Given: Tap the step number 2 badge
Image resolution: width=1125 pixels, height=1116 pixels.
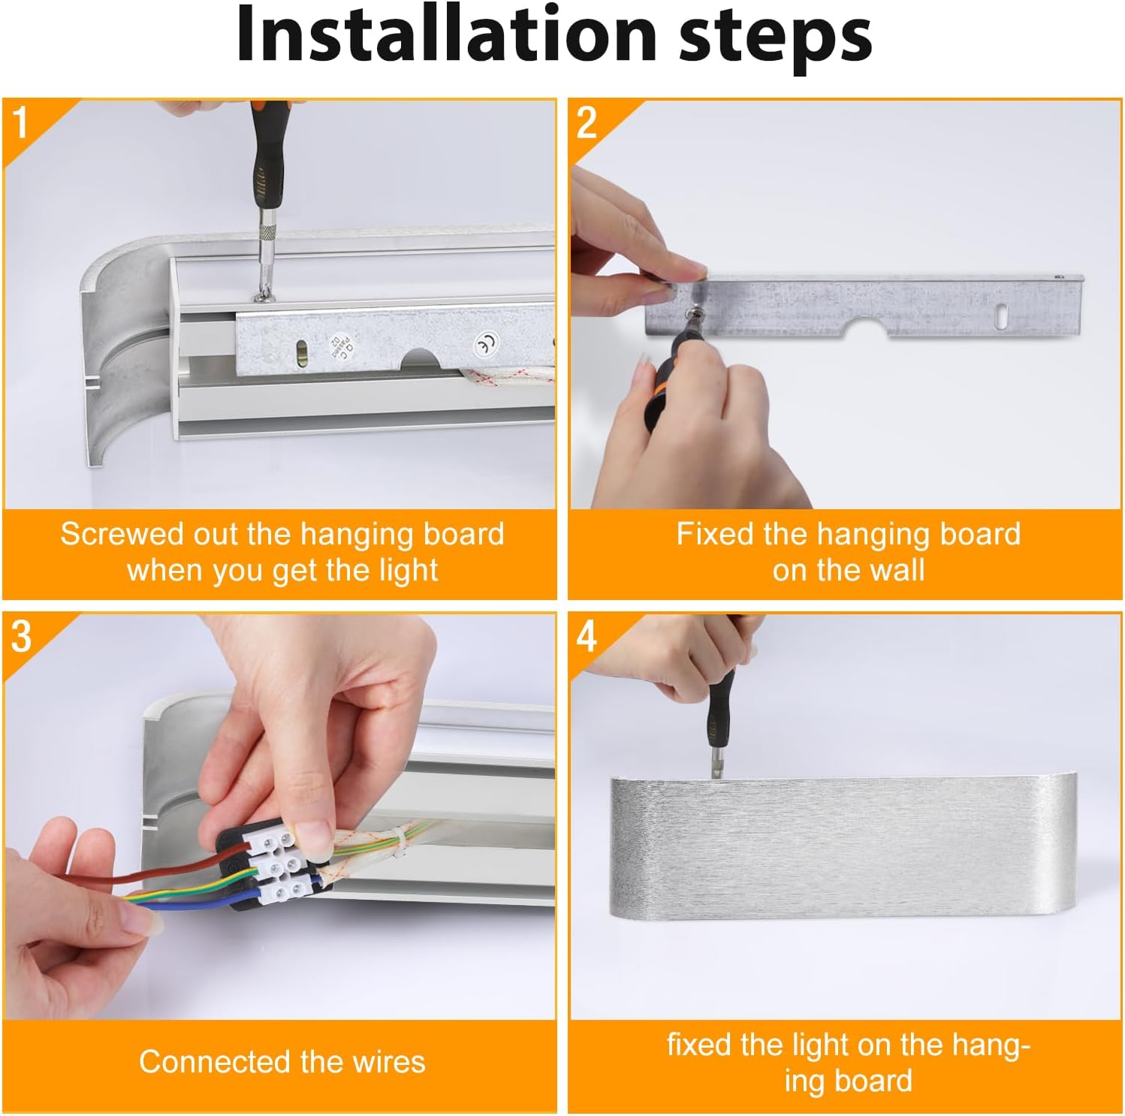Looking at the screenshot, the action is click(x=587, y=122).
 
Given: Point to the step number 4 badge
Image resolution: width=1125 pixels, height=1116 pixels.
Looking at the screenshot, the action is click(x=587, y=636).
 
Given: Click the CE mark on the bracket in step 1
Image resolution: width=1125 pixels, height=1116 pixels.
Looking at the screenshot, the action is click(x=486, y=345).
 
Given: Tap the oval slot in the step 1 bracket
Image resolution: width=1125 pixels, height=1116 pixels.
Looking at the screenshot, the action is click(x=301, y=354).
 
